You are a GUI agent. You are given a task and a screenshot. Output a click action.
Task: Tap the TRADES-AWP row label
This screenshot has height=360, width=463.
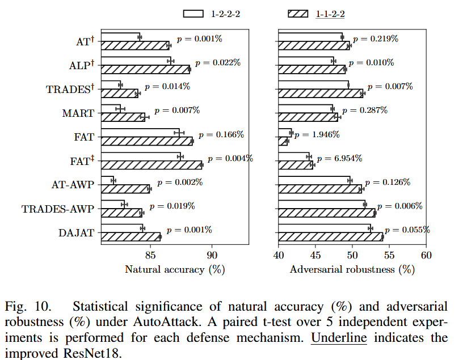pyautogui.click(x=57, y=209)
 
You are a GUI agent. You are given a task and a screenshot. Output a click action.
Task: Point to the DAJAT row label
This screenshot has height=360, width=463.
pyautogui.click(x=76, y=232)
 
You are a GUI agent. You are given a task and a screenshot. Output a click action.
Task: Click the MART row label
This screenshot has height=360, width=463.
pyautogui.click(x=78, y=113)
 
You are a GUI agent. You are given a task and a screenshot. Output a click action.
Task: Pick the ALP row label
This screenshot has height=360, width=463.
pyautogui.click(x=79, y=66)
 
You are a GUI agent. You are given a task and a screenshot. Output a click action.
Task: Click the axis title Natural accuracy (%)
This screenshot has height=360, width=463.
pyautogui.click(x=175, y=270)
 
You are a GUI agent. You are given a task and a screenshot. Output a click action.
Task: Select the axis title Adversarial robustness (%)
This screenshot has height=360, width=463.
pyautogui.click(x=352, y=270)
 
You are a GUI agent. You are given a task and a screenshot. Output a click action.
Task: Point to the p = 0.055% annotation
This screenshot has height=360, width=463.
pyautogui.click(x=407, y=230)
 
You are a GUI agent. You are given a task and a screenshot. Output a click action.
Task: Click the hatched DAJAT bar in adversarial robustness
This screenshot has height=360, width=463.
pyautogui.click(x=330, y=237)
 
